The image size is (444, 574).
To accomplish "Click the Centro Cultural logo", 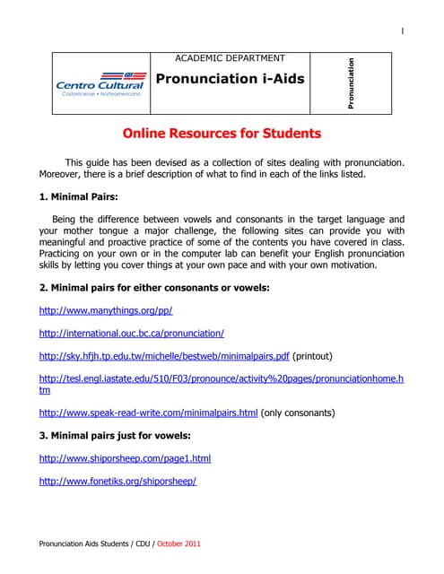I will point(99,83).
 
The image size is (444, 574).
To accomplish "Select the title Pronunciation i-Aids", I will point(231,79).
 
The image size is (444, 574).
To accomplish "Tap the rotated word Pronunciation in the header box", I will point(351,83).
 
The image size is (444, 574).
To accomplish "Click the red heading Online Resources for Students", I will point(222,135).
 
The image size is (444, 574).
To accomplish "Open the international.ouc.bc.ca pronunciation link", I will point(132,333).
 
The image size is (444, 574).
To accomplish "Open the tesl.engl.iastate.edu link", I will point(221,379).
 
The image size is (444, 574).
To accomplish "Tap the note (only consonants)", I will point(298,413).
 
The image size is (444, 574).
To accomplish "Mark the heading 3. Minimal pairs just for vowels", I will point(115,436).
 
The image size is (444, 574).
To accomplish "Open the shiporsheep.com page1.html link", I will point(126,458).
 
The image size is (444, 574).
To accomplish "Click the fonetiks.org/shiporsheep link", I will point(118,482).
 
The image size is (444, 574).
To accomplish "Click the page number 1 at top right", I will point(402,32).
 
